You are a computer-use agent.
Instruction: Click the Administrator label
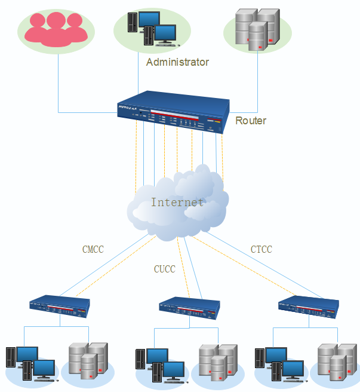point(177,62)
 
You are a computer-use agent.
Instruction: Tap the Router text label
point(251,121)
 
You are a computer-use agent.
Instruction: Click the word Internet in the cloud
point(177,202)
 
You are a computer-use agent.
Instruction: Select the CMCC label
point(93,249)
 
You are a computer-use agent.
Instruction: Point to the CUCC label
point(165,269)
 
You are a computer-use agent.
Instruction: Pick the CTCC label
point(261,249)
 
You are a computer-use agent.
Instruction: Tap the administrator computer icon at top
point(153,29)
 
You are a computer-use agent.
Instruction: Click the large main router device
point(173,111)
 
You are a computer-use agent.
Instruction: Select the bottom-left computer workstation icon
point(30,363)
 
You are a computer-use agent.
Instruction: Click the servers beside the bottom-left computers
point(88,361)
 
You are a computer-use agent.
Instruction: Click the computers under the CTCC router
point(278,363)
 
